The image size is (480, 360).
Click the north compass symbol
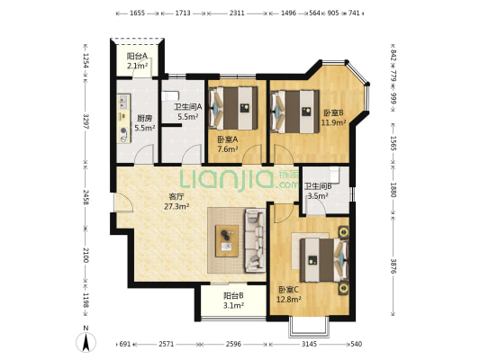pos(86,339)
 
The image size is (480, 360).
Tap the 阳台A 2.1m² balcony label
pos(137,60)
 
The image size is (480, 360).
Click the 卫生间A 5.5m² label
pos(188,112)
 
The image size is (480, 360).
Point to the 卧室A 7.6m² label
pos(228,144)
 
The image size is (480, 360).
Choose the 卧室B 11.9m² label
pos(333,118)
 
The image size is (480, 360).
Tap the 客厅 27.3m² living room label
pos(177,201)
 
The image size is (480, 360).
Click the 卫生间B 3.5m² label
pos(319,191)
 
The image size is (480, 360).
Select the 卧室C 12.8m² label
pos(289,294)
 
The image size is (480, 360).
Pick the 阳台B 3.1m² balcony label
pos(233,300)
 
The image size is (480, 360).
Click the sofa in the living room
pos(255,240)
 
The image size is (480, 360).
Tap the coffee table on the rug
pos(227,240)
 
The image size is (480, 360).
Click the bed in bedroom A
pos(233,108)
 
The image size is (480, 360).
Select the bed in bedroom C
pos(324,260)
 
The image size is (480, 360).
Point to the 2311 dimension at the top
pos(237,13)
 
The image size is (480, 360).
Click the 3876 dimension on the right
pos(394,265)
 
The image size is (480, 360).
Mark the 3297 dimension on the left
pos(86,121)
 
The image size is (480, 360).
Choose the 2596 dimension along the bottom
pos(234,344)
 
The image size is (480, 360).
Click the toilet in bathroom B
pos(334,174)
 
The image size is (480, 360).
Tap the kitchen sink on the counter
pos(123,102)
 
